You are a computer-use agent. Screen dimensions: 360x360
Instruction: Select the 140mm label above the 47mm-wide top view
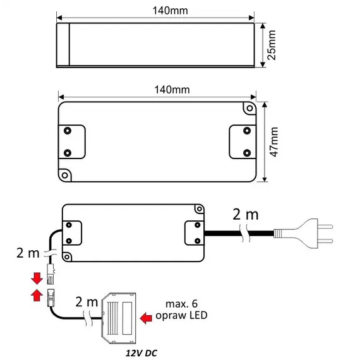(157, 89)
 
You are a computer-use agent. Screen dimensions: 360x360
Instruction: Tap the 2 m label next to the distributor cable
(87, 301)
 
